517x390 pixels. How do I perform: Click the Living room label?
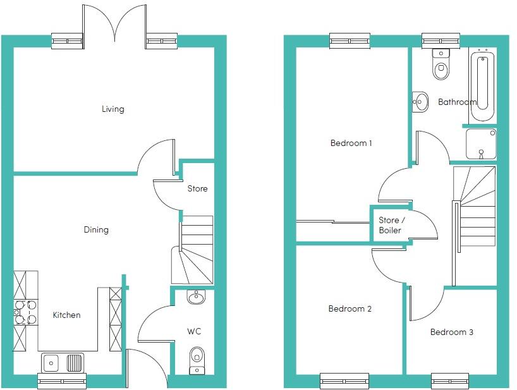tap(113, 109)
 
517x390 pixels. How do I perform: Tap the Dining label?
tap(96, 230)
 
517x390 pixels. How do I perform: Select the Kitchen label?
tap(66, 315)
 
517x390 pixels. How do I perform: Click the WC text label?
tap(194, 331)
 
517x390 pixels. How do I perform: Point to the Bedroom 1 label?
tap(351, 143)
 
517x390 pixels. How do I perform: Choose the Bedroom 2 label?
tap(350, 309)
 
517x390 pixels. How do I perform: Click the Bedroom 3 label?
tap(451, 332)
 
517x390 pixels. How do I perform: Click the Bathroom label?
tap(457, 102)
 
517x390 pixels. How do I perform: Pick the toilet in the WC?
tap(197, 359)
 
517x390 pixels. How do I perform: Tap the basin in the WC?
tap(196, 297)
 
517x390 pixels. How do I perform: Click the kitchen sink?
tap(62, 363)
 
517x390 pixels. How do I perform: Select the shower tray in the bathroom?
tap(481, 143)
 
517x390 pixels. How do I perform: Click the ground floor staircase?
tap(192, 249)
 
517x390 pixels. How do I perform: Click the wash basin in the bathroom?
tap(420, 101)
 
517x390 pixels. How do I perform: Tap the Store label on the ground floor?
tap(197, 188)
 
